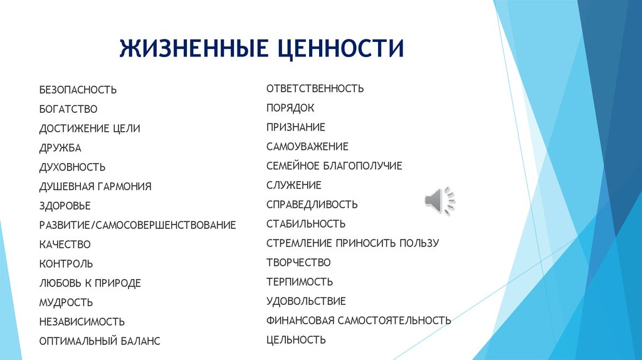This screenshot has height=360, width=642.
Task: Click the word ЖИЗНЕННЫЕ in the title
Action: pos(194,48)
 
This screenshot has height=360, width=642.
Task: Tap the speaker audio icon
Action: pos(440,201)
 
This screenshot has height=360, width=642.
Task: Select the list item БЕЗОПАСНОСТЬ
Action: pos(78,90)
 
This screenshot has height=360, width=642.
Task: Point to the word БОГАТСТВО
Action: pos(68,109)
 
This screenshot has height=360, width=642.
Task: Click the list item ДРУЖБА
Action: pos(60,148)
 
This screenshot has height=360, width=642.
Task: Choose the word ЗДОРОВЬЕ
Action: pos(65,206)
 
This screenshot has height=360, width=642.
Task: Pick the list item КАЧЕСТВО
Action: pos(65,245)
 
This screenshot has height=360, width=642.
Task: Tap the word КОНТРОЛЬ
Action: pos(66,264)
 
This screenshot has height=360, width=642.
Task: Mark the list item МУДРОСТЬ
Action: pos(66,303)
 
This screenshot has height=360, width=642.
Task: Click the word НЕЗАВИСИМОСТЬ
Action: pos(82,322)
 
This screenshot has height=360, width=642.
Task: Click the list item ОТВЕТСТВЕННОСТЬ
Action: pos(315,88)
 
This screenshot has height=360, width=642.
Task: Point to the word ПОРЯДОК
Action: pos(290,108)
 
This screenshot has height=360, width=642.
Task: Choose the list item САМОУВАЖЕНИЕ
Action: pos(307,147)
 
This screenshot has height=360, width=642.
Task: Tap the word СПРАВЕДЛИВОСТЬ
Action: pos(312,204)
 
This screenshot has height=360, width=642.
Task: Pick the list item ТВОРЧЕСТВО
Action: pos(298,263)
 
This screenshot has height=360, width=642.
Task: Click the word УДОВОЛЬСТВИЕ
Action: pos(306,302)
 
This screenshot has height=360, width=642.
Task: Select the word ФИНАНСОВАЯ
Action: pos(300,320)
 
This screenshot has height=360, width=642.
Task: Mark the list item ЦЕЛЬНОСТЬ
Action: pos(296,340)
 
